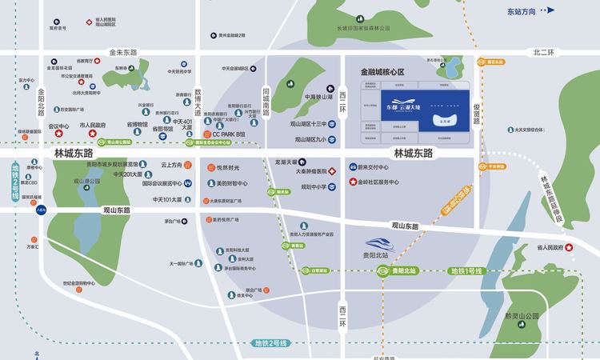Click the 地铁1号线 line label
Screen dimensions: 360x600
[466, 272]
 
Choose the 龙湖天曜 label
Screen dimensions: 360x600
[309, 162]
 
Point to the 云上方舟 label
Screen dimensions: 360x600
[173, 165]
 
